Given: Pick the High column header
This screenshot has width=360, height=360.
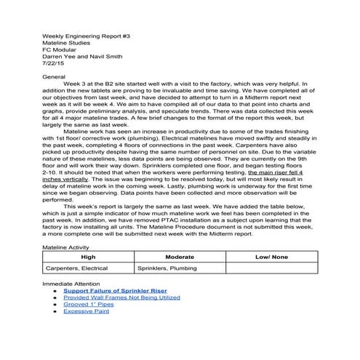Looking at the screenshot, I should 88,257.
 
